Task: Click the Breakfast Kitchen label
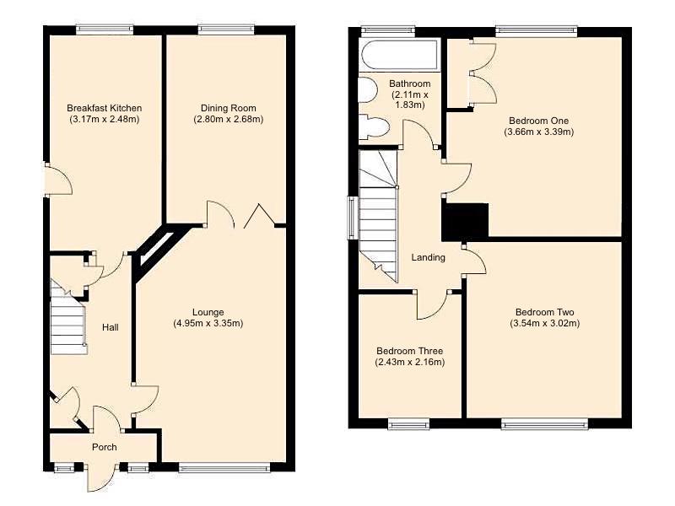pos(105,108)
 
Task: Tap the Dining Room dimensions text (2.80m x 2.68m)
pos(229,119)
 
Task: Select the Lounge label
pos(208,312)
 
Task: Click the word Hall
pos(110,327)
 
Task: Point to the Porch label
pos(105,447)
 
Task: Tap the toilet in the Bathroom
pos(372,127)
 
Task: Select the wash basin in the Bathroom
pos(367,91)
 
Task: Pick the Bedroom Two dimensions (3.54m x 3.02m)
pos(545,323)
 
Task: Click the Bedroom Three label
pos(410,351)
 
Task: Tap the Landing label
pos(428,257)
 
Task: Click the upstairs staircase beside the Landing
pos(378,215)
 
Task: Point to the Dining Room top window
pos(226,30)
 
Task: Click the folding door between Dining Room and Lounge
pos(260,217)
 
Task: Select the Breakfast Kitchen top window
pos(105,30)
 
